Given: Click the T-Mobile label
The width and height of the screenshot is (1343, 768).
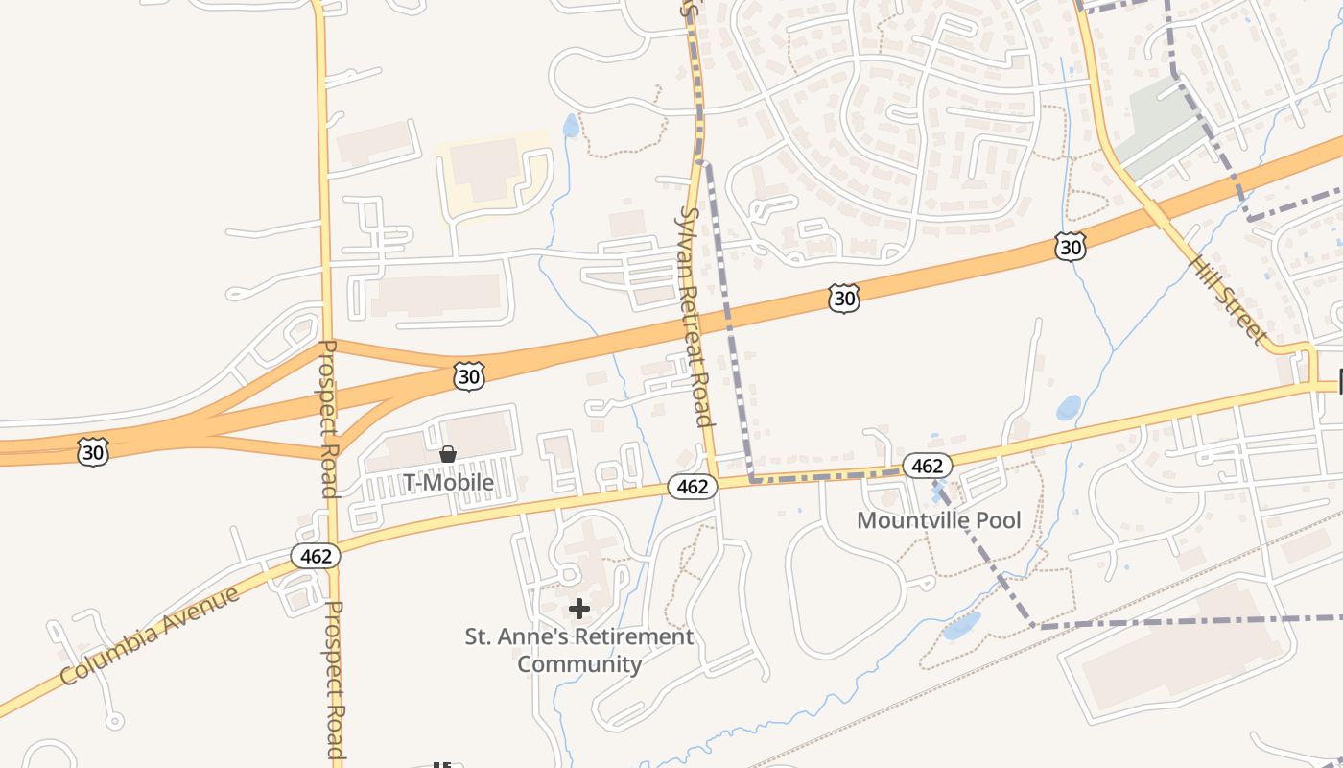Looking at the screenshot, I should [448, 482].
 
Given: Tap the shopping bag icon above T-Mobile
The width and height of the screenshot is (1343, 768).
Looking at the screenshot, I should [448, 454].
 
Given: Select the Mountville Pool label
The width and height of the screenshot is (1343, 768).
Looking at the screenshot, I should [939, 520].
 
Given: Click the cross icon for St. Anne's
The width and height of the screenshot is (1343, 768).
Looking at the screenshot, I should [579, 609].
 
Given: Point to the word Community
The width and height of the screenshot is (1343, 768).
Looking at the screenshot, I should [579, 663].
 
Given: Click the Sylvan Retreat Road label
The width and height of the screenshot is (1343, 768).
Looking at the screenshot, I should [695, 317].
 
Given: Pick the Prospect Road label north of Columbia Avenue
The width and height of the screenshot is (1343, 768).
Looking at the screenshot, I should [327, 418].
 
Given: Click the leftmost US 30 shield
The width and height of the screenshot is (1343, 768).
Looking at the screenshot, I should [93, 451].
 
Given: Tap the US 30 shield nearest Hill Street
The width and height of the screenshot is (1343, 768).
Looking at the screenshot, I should [1070, 247].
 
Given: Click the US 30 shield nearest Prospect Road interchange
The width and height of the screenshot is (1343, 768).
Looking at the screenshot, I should [468, 376].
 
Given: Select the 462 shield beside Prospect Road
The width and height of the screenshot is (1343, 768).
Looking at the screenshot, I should [316, 556].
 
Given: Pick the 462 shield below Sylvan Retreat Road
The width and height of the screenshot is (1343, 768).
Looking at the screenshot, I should [692, 487].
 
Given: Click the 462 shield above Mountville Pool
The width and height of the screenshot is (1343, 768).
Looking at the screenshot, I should [927, 466].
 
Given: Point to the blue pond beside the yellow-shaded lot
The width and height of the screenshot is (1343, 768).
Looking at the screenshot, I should [571, 126].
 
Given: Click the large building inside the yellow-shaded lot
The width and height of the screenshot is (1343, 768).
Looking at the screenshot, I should [484, 171].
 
